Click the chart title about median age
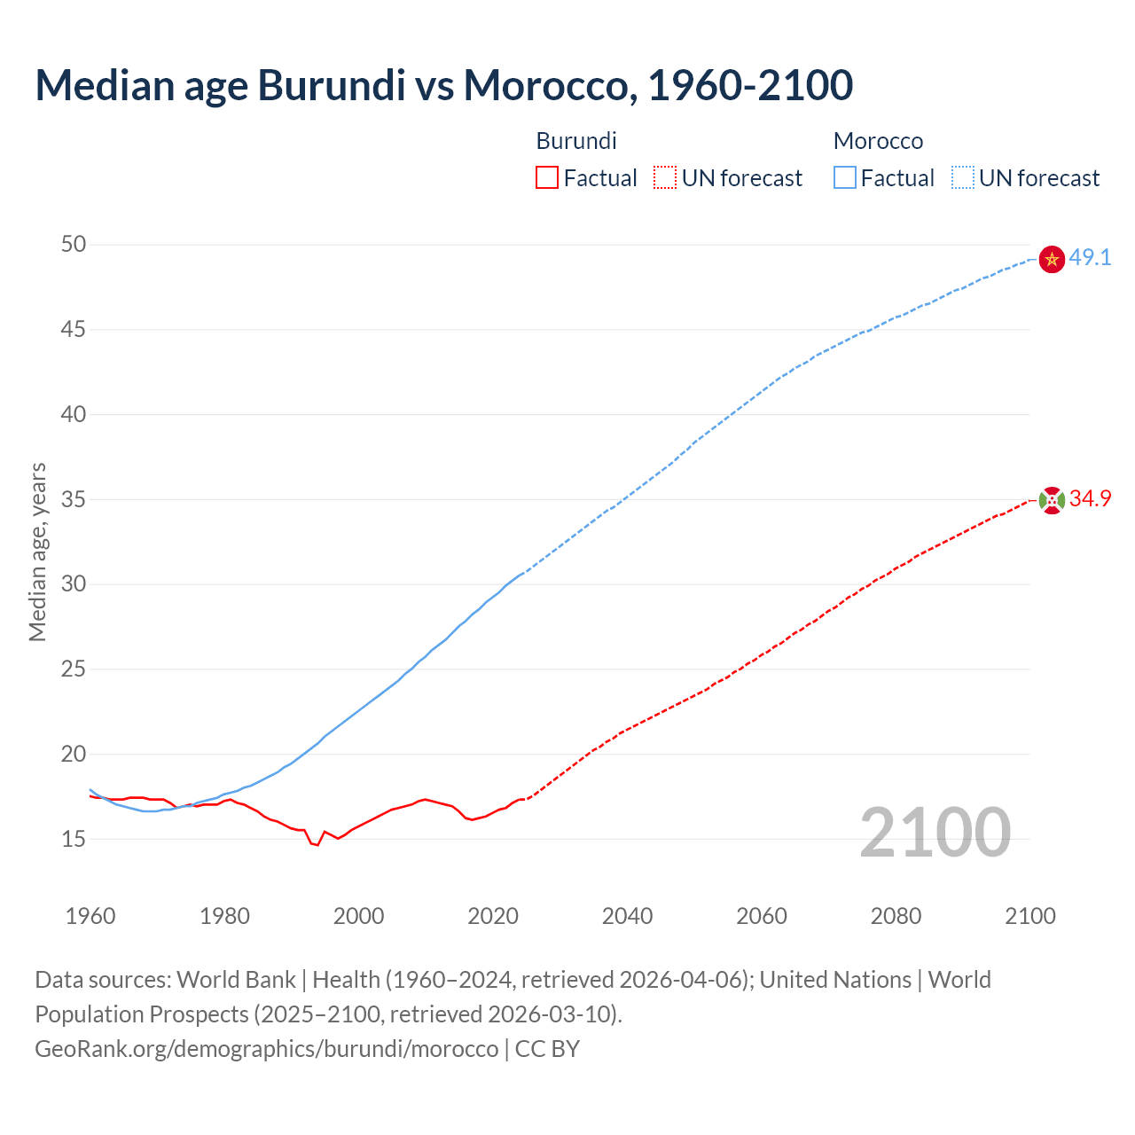(x=443, y=85)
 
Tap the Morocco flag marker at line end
(x=1051, y=259)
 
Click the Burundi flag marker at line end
(x=1051, y=500)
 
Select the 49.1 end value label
(x=1090, y=258)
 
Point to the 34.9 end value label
(x=1090, y=499)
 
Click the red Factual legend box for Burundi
(x=547, y=178)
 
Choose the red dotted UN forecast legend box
(x=664, y=178)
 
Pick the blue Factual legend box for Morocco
(x=845, y=178)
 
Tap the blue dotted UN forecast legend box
(x=962, y=178)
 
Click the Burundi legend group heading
(x=576, y=141)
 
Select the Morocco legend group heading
(x=878, y=141)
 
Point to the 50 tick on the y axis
(x=74, y=244)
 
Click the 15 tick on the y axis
(x=74, y=839)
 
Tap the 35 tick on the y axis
(x=74, y=499)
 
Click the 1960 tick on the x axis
(x=90, y=916)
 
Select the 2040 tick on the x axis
(x=627, y=916)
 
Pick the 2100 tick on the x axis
(x=1030, y=916)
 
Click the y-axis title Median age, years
(x=37, y=552)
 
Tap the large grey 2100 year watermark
(x=935, y=832)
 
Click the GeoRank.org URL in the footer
(x=266, y=1049)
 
